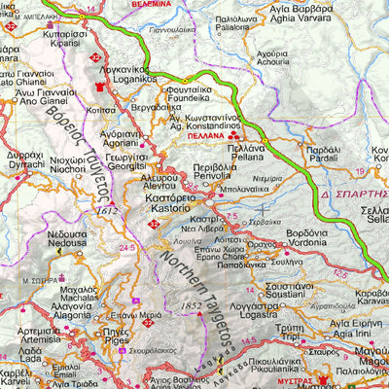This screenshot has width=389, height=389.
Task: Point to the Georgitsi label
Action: (x=127, y=166)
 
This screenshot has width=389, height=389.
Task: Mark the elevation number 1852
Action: (x=169, y=308)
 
